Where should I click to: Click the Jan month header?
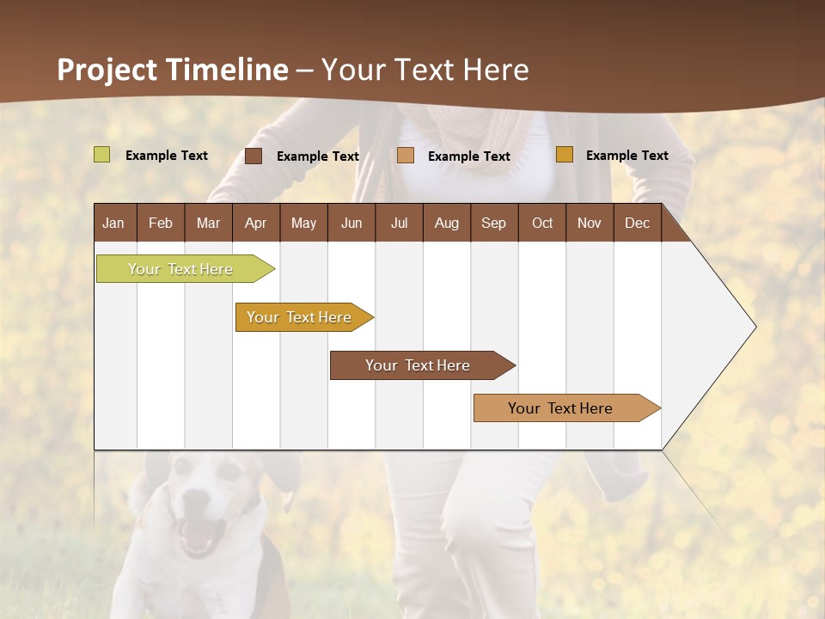pos(113,223)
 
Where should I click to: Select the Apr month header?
pos(255,223)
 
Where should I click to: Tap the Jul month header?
pos(399,223)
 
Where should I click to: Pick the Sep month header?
pos(493,223)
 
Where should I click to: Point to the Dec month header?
pos(637,223)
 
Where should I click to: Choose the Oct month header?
pos(542,223)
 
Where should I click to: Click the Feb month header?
pos(161,223)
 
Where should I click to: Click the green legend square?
pos(101,155)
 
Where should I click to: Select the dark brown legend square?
pos(253,156)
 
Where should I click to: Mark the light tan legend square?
pos(406,156)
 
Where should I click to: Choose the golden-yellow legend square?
pos(564,155)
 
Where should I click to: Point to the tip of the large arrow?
pos(755,327)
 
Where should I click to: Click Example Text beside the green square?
pos(167,156)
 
